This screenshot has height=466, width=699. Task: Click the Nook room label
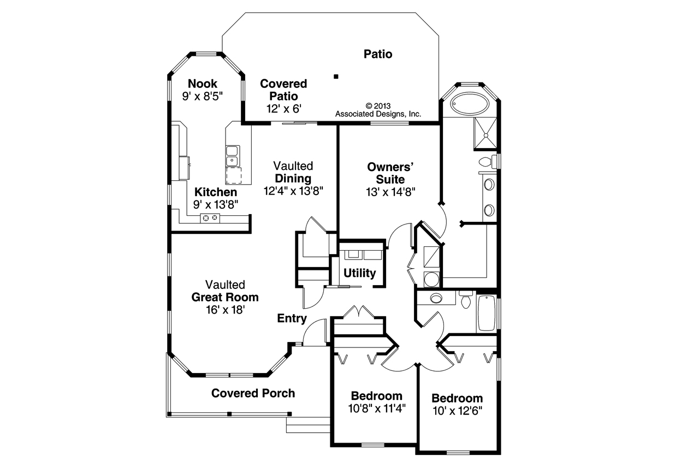pyautogui.click(x=203, y=84)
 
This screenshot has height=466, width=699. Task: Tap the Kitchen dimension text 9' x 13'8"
pyautogui.click(x=216, y=205)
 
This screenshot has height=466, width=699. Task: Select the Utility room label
pyautogui.click(x=359, y=273)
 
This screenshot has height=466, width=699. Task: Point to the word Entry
pyautogui.click(x=292, y=318)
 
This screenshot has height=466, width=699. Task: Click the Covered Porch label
pyautogui.click(x=253, y=393)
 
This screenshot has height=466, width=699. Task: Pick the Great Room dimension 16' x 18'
pyautogui.click(x=225, y=310)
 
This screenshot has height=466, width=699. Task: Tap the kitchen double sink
pyautogui.click(x=232, y=156)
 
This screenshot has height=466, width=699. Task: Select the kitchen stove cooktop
pyautogui.click(x=210, y=218)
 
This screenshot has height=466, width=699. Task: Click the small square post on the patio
pyautogui.click(x=336, y=76)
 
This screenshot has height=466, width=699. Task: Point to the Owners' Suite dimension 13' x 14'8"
pyautogui.click(x=390, y=192)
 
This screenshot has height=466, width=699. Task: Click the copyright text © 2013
pyautogui.click(x=378, y=106)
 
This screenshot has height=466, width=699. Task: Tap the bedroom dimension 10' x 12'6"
pyautogui.click(x=458, y=411)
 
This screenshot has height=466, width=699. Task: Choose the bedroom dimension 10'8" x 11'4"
pyautogui.click(x=377, y=408)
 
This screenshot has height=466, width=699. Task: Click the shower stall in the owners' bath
pyautogui.click(x=485, y=134)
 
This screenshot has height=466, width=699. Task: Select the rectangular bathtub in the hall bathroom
pyautogui.click(x=487, y=313)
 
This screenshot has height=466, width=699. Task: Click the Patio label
pyautogui.click(x=378, y=54)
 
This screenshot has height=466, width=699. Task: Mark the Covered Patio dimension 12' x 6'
pyautogui.click(x=283, y=109)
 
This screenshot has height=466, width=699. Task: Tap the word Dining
pyautogui.click(x=293, y=179)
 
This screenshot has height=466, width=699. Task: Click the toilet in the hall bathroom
pyautogui.click(x=466, y=299)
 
